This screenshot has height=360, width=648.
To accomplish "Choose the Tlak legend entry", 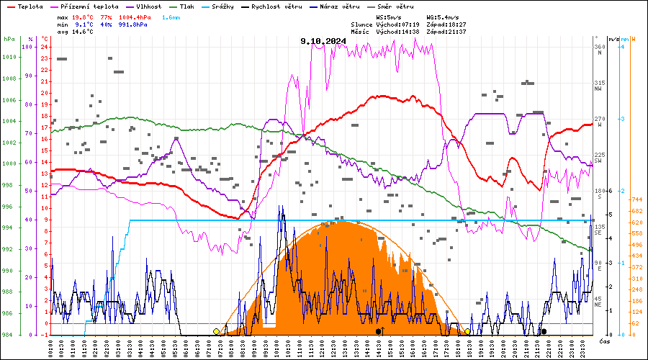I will click(186, 6).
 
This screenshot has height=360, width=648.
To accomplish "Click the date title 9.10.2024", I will click(324, 41).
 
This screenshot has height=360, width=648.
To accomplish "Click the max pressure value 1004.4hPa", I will click(131, 17).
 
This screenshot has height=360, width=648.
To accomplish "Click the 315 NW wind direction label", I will click(599, 86).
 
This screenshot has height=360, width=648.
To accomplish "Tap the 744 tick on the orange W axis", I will click(636, 199).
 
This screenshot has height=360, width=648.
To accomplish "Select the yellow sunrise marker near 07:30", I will click(216, 331).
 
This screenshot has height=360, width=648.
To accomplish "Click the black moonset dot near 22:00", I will click(544, 331).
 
